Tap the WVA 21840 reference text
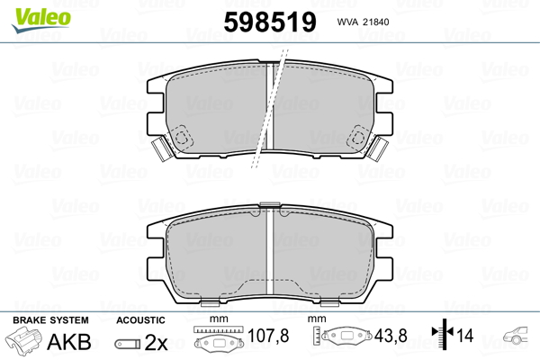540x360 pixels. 366,22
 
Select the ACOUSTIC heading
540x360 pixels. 141,319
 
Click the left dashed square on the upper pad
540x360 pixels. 184,137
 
